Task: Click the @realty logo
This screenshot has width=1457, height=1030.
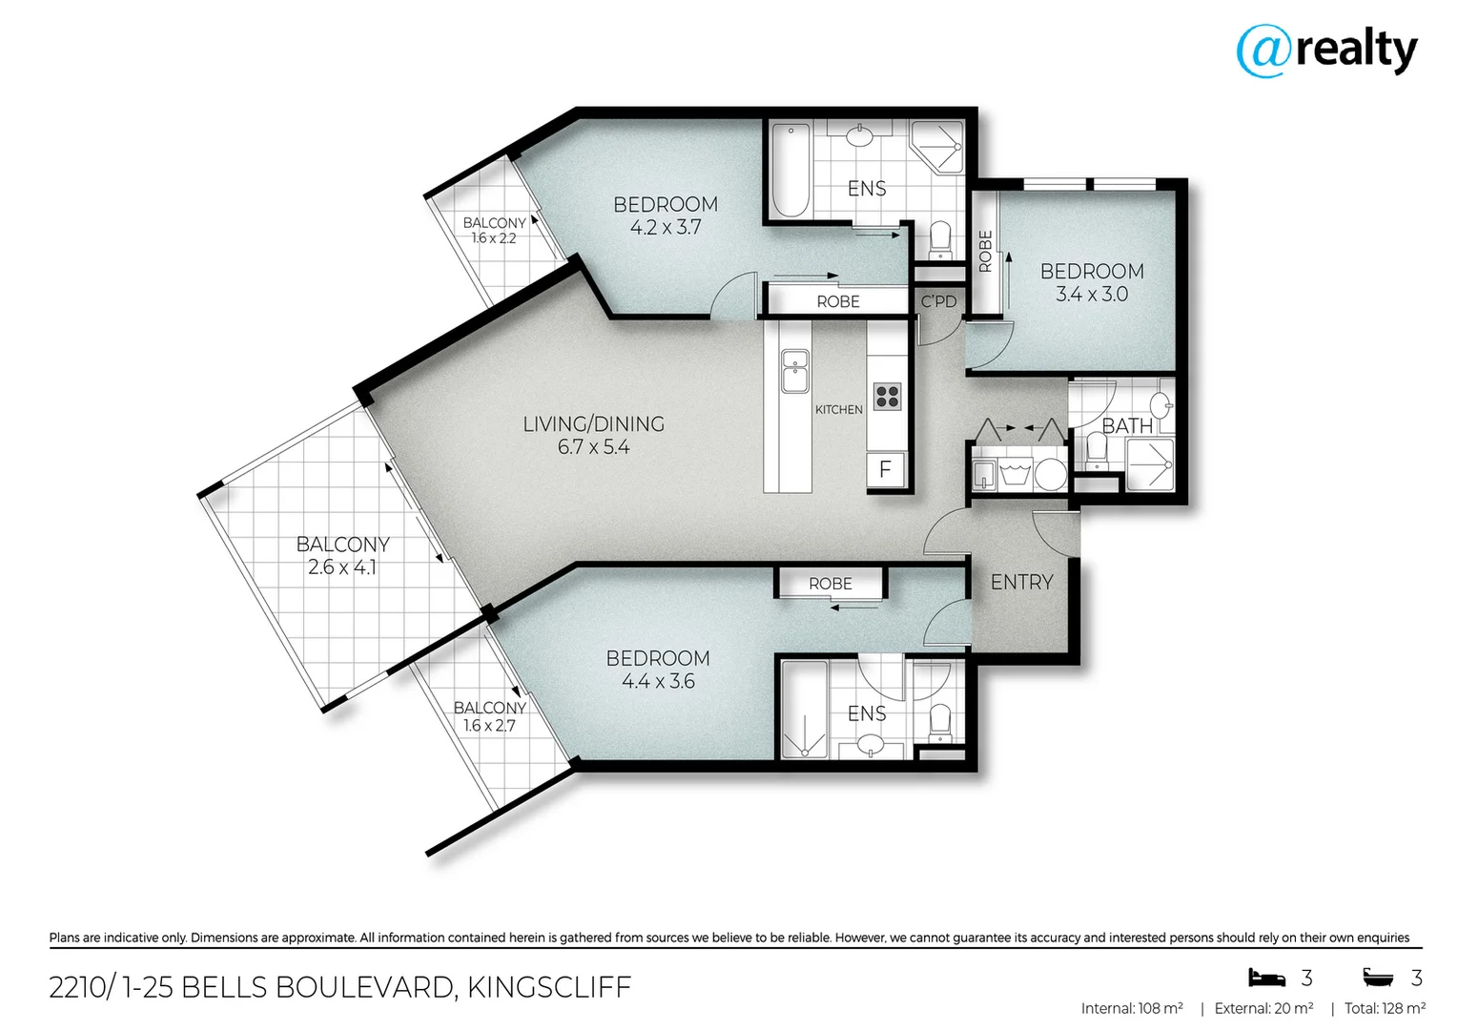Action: click(x=1326, y=51)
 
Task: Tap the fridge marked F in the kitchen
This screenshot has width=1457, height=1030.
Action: click(x=885, y=469)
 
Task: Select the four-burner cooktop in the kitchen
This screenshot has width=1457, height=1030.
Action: click(x=887, y=396)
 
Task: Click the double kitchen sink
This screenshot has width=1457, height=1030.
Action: click(x=794, y=372)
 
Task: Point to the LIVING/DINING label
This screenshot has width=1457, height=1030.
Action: click(x=593, y=423)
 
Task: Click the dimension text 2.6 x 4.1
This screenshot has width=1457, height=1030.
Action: click(x=341, y=567)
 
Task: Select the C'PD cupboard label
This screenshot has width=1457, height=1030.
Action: click(x=938, y=301)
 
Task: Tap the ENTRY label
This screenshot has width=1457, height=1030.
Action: click(x=1021, y=582)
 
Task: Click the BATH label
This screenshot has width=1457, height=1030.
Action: click(x=1127, y=425)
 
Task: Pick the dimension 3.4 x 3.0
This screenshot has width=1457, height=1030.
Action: click(x=1091, y=295)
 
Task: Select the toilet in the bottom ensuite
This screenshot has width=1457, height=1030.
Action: click(x=939, y=721)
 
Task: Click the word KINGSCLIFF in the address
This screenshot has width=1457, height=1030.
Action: click(x=549, y=987)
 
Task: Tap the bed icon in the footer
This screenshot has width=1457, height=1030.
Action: click(x=1266, y=978)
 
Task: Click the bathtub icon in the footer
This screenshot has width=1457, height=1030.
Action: click(x=1378, y=978)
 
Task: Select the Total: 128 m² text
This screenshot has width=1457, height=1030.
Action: click(x=1385, y=1008)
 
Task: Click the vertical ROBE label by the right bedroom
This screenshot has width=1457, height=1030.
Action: click(x=986, y=251)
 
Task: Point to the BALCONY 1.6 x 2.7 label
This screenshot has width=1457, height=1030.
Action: click(x=489, y=716)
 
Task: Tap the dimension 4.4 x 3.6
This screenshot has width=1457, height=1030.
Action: click(x=658, y=681)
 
